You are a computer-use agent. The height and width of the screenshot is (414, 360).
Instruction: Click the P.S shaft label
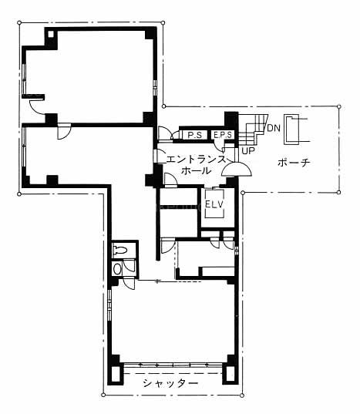(x=194, y=135)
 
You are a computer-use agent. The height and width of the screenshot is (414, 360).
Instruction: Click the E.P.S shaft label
(x=223, y=135)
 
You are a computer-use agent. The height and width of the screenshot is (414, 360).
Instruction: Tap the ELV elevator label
(x=214, y=204)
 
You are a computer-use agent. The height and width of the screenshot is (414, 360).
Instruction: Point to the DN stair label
(x=274, y=128)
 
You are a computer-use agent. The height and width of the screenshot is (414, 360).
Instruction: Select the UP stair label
(x=248, y=151)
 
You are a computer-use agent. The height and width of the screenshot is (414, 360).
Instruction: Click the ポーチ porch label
(x=294, y=163)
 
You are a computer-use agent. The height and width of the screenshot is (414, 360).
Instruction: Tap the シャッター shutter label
(x=170, y=383)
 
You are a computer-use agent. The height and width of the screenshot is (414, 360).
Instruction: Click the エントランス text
(x=196, y=160)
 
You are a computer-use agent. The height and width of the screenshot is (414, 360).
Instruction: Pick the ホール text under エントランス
(x=196, y=170)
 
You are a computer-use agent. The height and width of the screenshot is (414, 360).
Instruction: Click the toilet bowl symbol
(x=120, y=250)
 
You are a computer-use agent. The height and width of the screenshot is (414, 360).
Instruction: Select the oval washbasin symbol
(x=117, y=269)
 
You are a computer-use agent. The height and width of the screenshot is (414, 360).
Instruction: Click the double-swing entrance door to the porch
(x=237, y=170)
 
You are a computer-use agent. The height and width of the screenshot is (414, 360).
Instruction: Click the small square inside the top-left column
(x=51, y=34)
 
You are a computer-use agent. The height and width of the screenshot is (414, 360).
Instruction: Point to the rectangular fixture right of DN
(x=291, y=130)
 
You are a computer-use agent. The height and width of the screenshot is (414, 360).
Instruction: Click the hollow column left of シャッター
(x=116, y=374)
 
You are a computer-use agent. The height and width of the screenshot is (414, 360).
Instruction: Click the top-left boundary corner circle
(x=19, y=22)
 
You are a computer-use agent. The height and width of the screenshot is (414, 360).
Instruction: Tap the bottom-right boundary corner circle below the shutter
(x=242, y=395)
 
